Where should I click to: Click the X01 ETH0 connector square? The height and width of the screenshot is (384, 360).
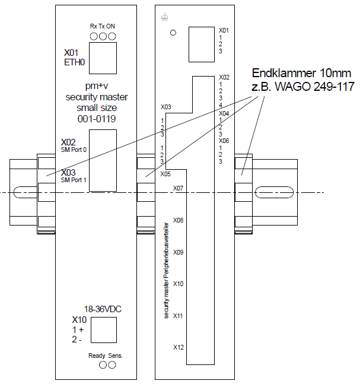(103, 57)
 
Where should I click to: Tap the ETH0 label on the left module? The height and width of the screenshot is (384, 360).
(74, 62)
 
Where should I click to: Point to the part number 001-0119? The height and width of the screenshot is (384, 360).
(96, 119)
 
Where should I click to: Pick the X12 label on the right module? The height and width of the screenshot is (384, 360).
(178, 347)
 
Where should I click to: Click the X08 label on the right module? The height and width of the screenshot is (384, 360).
(178, 220)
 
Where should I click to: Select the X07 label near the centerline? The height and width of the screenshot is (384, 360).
(178, 188)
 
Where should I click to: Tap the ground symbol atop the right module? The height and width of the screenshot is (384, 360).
(164, 18)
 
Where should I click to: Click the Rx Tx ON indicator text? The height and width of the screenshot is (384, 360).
(102, 26)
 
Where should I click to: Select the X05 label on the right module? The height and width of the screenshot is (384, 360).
(165, 174)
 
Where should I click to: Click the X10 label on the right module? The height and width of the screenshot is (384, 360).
(178, 284)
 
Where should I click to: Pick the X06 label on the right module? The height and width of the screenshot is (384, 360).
(224, 141)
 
